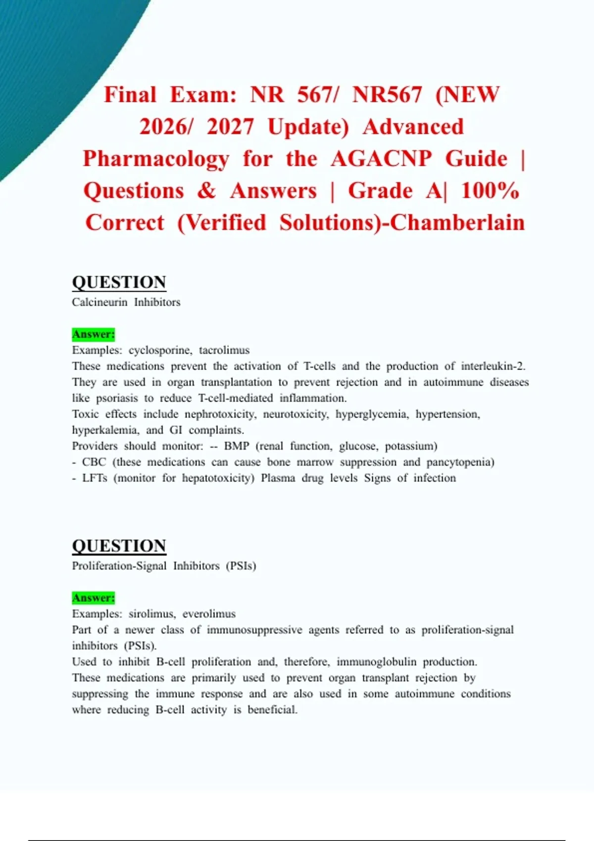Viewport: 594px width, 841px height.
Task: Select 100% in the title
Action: coord(490,191)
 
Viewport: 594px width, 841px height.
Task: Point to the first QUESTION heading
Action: coord(119,282)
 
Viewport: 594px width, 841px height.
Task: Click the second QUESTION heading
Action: coord(119,546)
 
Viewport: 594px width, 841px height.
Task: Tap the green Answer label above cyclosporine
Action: coord(93,334)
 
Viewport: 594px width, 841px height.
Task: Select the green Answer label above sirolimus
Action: coord(93,598)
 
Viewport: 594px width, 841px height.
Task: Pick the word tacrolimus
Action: coord(224,351)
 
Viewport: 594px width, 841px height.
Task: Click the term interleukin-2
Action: coord(493,367)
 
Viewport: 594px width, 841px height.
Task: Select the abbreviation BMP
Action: coord(236,446)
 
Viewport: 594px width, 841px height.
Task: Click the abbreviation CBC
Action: coord(94,462)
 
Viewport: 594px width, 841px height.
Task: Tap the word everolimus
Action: coord(209,614)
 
